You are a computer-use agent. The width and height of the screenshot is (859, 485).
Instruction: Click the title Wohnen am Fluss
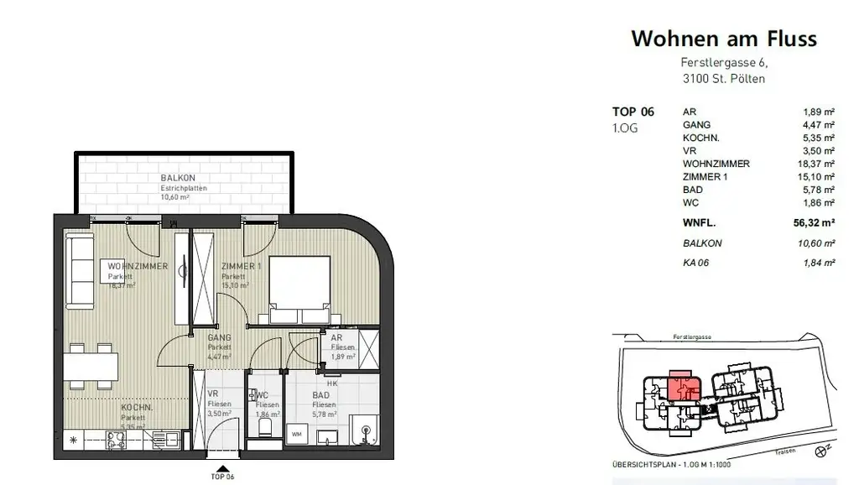(723, 39)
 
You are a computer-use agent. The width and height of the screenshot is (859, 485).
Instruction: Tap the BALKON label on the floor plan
(178, 178)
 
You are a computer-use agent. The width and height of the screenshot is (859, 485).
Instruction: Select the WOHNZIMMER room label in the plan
(138, 267)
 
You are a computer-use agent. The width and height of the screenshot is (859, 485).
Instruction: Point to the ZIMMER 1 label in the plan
(241, 267)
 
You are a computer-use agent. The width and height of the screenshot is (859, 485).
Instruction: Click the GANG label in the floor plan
(219, 338)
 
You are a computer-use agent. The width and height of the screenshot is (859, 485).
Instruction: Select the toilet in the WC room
(265, 429)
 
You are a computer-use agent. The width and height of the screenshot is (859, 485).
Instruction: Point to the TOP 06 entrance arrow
(222, 469)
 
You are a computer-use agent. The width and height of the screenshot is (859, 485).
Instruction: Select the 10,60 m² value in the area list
(815, 244)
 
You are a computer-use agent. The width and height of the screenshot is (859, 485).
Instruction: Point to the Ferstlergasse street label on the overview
(693, 337)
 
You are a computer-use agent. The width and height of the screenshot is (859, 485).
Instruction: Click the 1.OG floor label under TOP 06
(626, 128)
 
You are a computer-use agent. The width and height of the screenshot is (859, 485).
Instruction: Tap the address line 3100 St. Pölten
(723, 80)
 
